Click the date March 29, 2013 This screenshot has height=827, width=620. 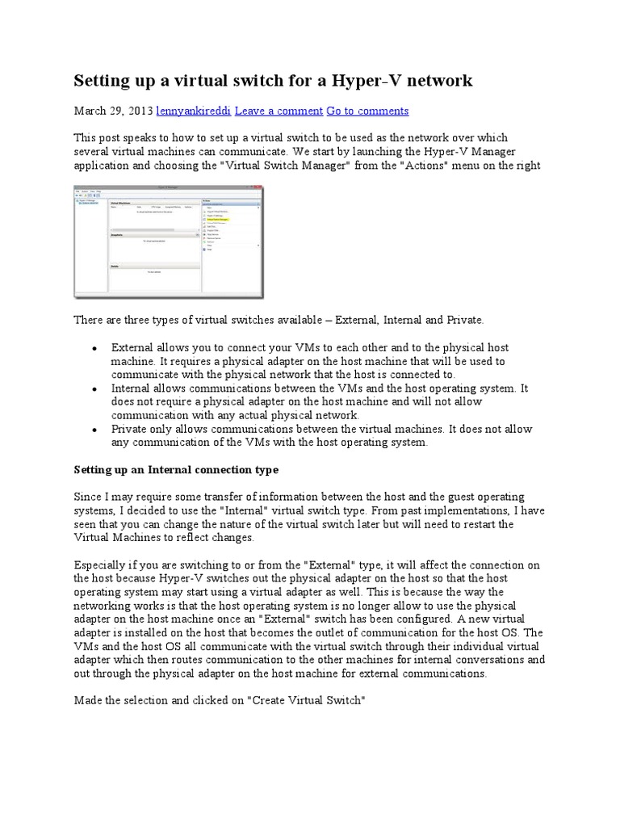pyautogui.click(x=113, y=111)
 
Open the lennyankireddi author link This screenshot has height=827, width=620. pyautogui.click(x=195, y=111)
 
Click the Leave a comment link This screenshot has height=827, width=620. pyautogui.click(x=282, y=111)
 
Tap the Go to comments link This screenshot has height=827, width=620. pyautogui.click(x=367, y=111)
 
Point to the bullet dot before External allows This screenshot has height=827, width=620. pyautogui.click(x=94, y=348)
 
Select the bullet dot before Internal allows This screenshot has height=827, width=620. pyautogui.click(x=94, y=389)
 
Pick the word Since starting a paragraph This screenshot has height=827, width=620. pyautogui.click(x=87, y=497)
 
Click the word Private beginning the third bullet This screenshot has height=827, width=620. pyautogui.click(x=129, y=429)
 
